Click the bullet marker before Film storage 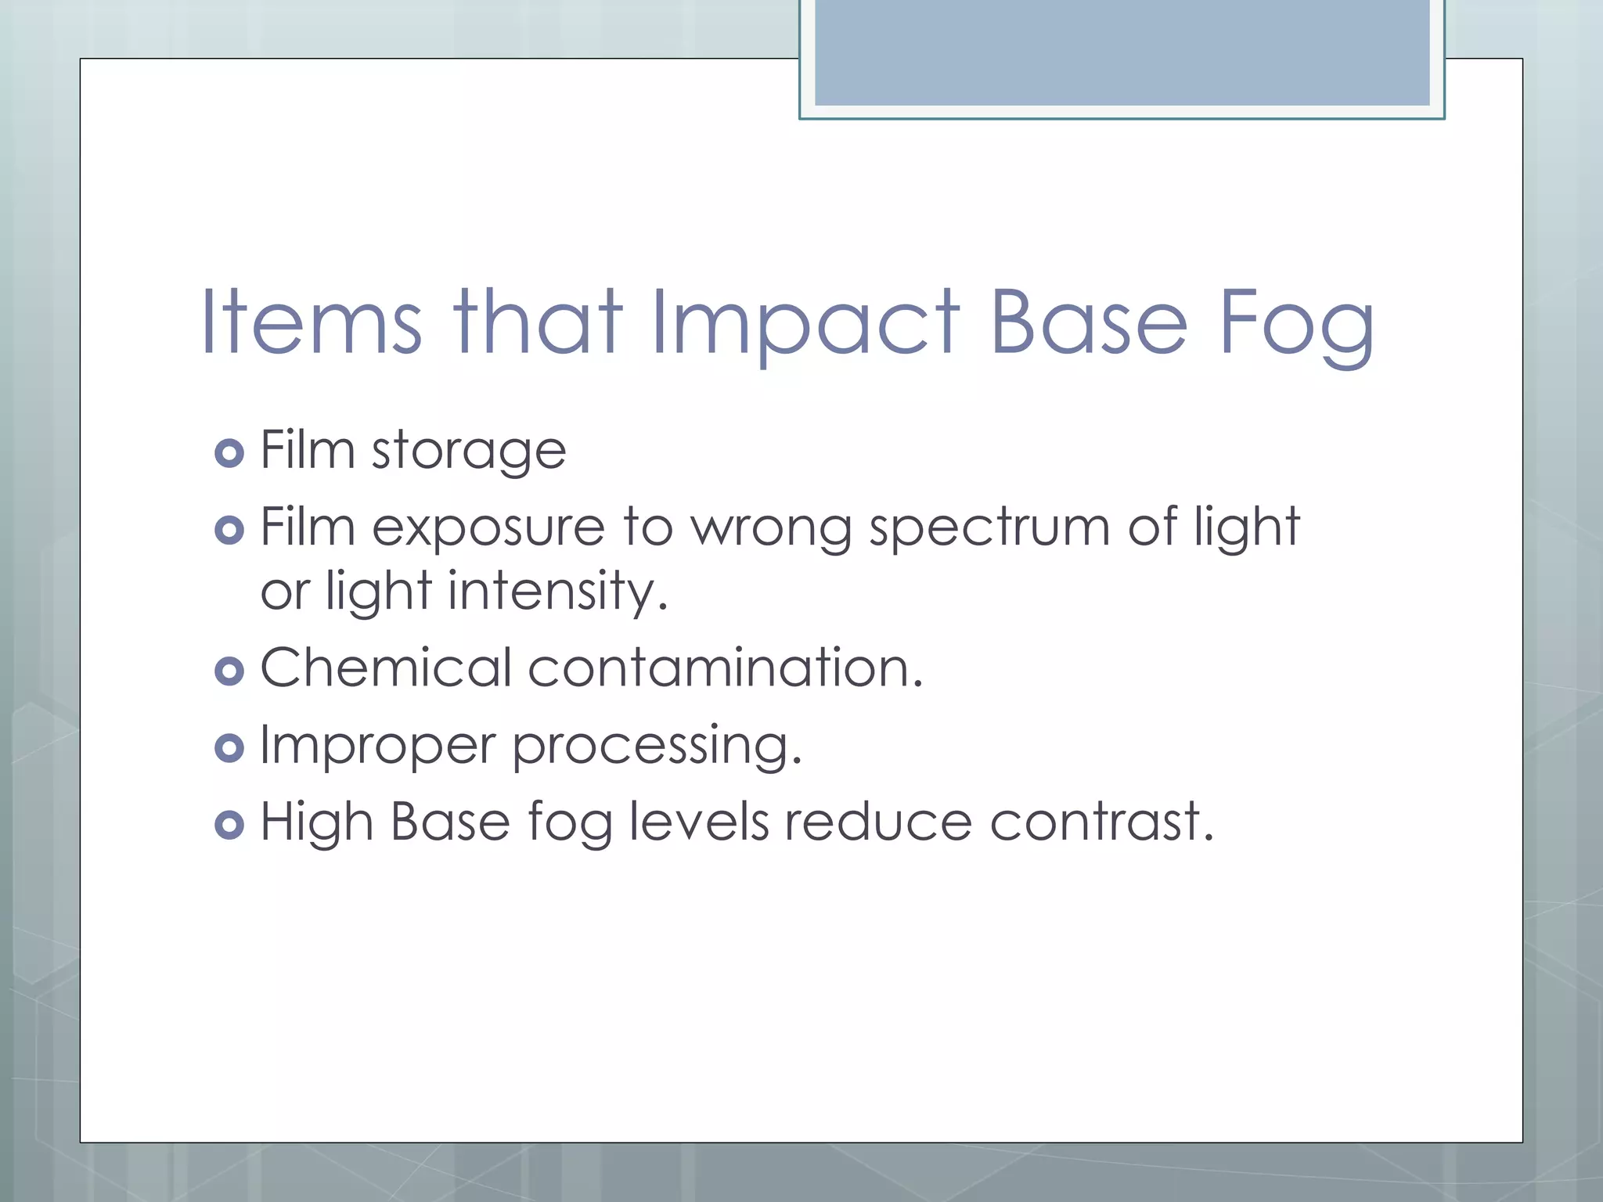tap(229, 453)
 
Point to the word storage tap(468, 452)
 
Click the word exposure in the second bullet tap(488, 528)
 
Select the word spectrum tap(989, 528)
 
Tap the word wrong tap(770, 528)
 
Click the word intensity tap(557, 591)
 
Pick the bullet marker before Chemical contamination tap(229, 671)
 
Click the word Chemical tap(386, 668)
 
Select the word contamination tap(725, 668)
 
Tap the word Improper tap(377, 746)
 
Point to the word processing tap(657, 746)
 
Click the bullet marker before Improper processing tap(229, 748)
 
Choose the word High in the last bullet tap(316, 822)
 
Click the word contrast tap(1101, 822)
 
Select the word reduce tap(878, 822)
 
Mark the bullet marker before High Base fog tap(229, 825)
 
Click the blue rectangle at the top tap(1122, 52)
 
